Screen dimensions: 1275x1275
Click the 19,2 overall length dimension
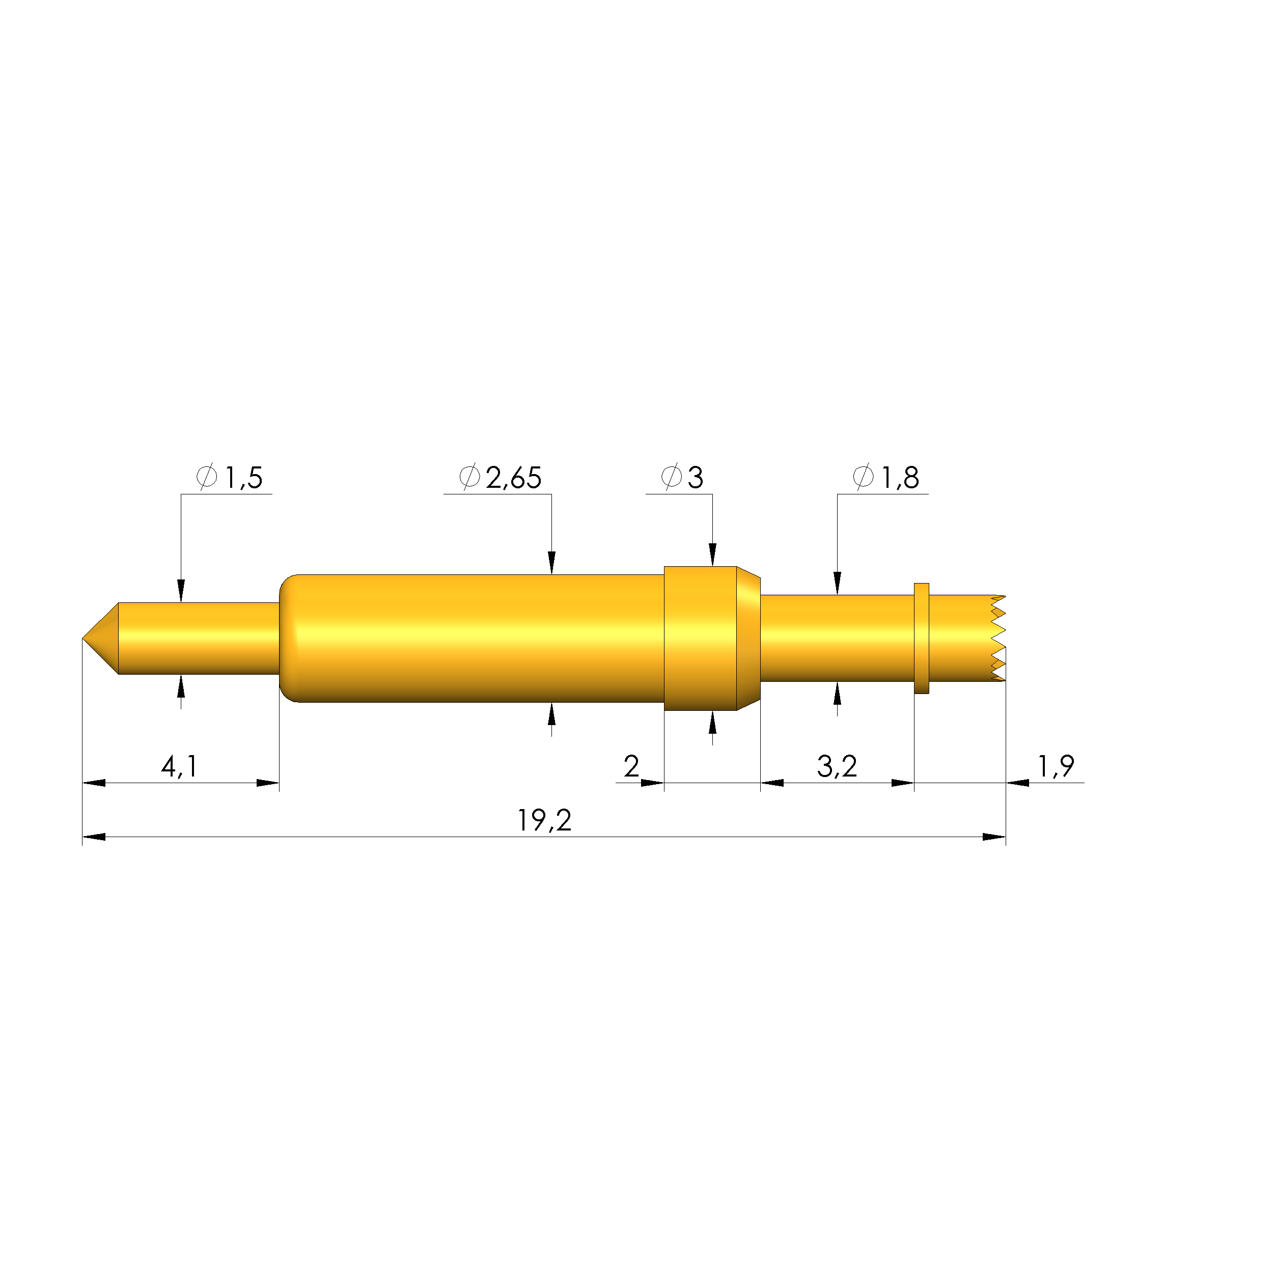544,820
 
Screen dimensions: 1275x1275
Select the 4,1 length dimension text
179,766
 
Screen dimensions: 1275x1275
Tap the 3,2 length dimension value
837,766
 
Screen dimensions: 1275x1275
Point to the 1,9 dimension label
1056,766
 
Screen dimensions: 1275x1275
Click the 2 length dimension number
631,766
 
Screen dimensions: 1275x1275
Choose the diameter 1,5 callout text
230,477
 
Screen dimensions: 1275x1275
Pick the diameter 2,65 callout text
500,477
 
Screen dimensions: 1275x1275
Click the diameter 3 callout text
682,477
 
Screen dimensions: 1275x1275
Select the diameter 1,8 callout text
885,477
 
